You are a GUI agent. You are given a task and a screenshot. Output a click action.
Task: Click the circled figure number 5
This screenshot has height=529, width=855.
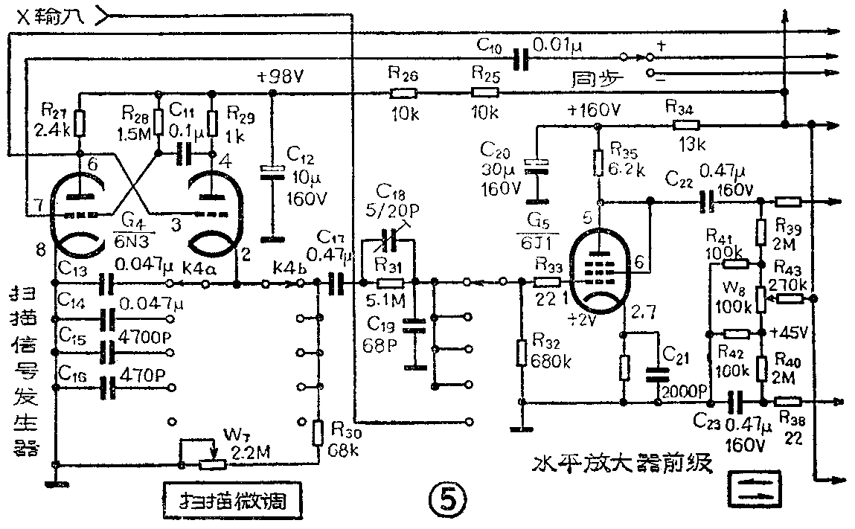click(449, 497)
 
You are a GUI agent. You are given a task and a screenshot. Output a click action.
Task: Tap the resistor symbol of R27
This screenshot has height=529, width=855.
click(80, 121)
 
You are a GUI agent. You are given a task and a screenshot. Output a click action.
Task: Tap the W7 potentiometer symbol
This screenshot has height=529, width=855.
click(213, 464)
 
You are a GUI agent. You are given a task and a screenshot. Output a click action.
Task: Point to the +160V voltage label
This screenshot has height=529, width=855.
click(593, 110)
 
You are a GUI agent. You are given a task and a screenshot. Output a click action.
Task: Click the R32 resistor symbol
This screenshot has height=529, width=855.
click(522, 351)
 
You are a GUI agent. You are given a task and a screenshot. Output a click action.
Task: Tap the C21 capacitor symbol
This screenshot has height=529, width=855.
click(658, 373)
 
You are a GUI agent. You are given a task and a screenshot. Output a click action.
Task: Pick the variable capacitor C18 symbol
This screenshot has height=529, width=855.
click(386, 243)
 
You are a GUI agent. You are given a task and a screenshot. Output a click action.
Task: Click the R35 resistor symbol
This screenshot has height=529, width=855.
click(598, 161)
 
